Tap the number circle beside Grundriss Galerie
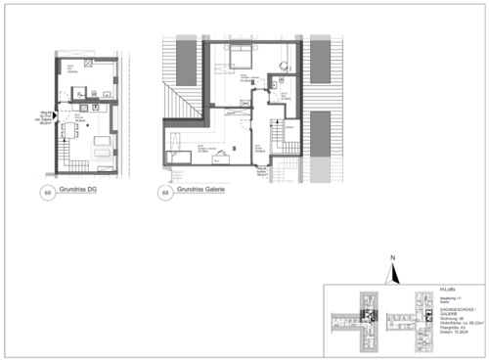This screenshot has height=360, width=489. (163, 193)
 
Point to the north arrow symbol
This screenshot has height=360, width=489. (390, 274)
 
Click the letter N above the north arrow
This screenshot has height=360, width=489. (390, 259)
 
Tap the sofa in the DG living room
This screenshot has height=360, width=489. (103, 147)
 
